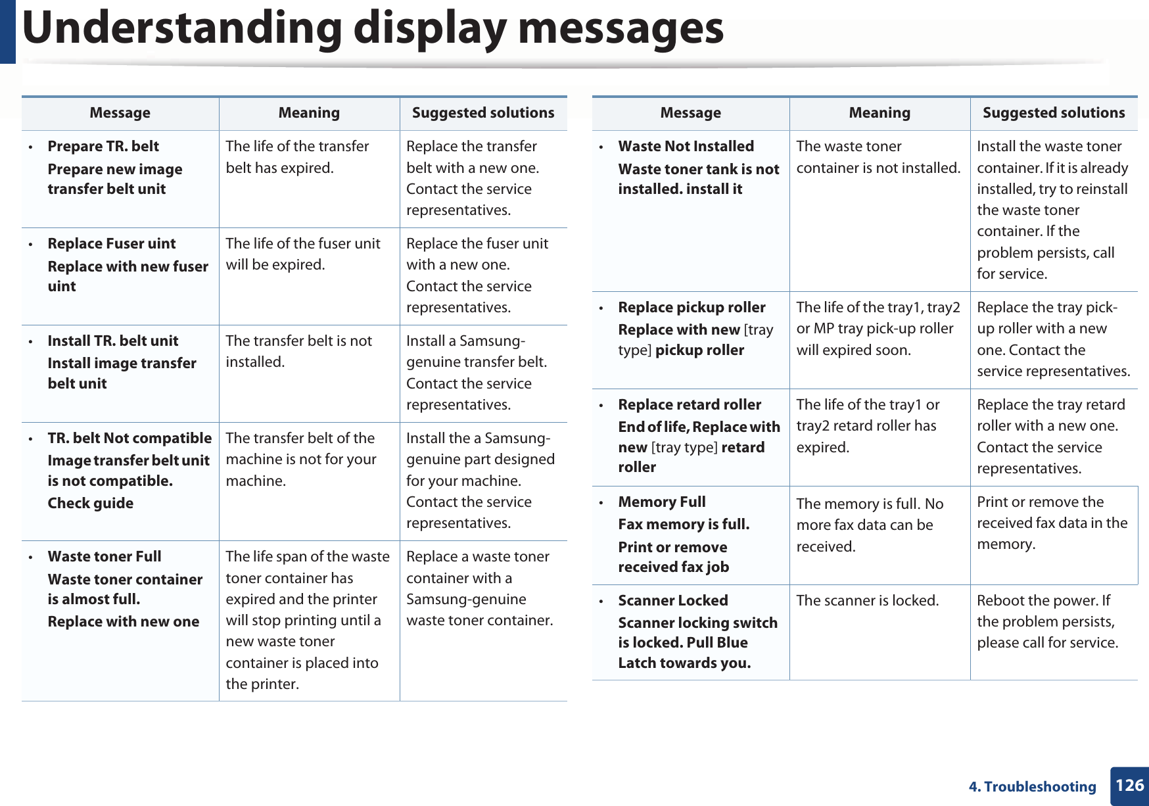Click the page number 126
(x=1129, y=786)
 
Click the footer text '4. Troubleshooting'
(x=1032, y=787)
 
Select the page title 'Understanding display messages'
(x=373, y=28)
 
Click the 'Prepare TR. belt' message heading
(x=103, y=147)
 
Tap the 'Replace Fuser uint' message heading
(x=112, y=244)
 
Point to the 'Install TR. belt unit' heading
(x=113, y=341)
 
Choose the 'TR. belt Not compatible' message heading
(x=129, y=439)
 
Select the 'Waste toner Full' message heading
(x=105, y=557)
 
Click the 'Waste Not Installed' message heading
(x=686, y=147)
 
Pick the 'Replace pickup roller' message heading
(x=692, y=308)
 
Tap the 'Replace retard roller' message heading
(x=690, y=405)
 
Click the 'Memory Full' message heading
(x=662, y=502)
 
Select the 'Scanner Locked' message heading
(x=673, y=601)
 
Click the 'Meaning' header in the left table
(x=309, y=113)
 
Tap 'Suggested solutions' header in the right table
(x=1054, y=113)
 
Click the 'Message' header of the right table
(x=690, y=113)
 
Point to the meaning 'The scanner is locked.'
(x=868, y=601)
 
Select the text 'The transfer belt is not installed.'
(x=298, y=351)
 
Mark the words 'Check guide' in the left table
(x=91, y=504)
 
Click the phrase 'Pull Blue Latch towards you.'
(x=684, y=653)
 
